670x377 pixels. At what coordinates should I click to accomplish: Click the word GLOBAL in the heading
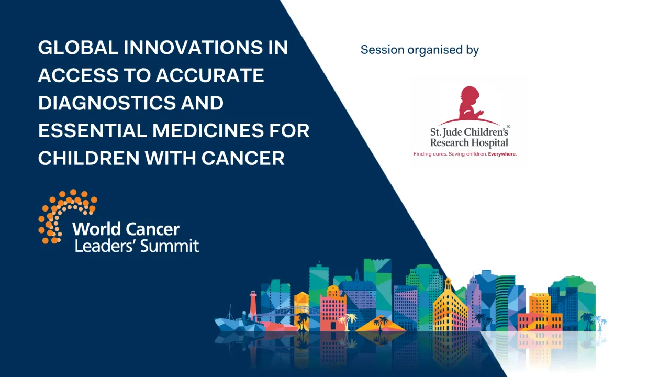click(78, 48)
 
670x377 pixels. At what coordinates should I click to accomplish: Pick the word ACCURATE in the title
click(209, 75)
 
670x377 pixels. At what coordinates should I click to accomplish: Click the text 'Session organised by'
click(419, 50)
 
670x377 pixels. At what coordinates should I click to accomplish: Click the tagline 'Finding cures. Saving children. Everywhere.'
click(465, 154)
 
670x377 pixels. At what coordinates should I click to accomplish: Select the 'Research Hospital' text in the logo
click(469, 143)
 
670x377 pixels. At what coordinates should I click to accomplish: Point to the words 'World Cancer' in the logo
click(126, 229)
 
